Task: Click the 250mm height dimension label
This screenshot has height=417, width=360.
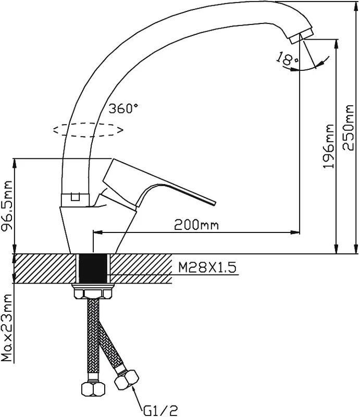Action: (x=349, y=128)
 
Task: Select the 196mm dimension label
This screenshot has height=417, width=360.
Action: (x=328, y=146)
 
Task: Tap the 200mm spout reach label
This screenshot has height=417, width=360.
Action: (x=196, y=225)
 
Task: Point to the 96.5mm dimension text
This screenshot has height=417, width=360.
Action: (x=7, y=205)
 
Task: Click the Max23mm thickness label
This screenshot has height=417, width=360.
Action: (x=7, y=328)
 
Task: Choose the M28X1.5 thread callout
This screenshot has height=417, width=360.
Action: (x=207, y=267)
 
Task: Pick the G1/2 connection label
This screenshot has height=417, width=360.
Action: (x=160, y=410)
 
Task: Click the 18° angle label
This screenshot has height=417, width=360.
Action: (x=287, y=58)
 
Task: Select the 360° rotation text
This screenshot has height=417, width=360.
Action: (x=123, y=108)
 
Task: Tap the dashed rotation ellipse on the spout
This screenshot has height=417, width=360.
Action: (x=89, y=130)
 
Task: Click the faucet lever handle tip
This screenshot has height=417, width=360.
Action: (x=214, y=202)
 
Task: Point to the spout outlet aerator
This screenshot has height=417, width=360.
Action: (x=302, y=36)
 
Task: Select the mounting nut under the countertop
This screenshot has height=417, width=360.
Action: (x=93, y=291)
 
